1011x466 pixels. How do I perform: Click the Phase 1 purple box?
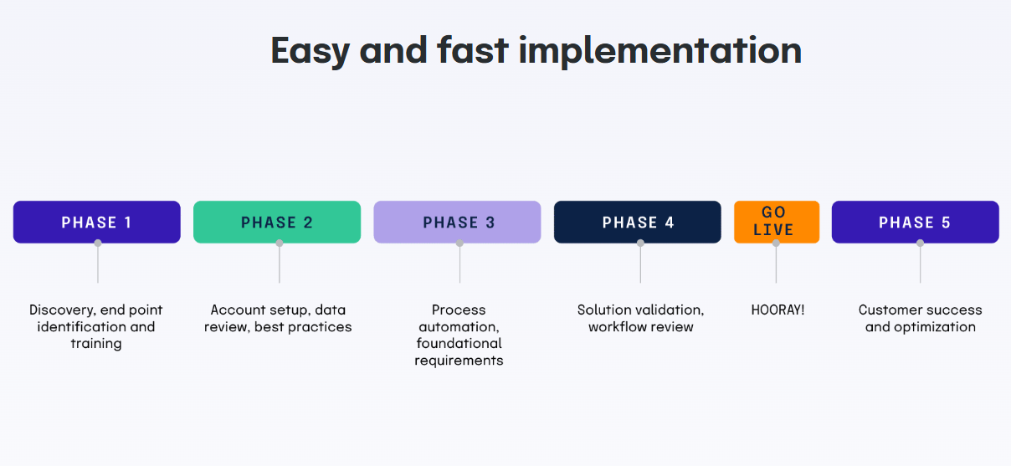(x=96, y=222)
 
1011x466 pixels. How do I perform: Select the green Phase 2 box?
(x=277, y=222)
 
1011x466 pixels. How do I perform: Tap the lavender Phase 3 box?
(x=457, y=222)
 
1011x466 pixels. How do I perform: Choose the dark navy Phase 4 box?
(x=637, y=222)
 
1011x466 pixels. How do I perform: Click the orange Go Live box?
(x=776, y=222)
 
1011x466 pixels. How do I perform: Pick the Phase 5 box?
(x=915, y=222)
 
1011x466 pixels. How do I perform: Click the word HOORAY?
(x=777, y=310)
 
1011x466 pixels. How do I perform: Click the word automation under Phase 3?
(x=459, y=326)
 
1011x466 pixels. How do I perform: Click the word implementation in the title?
(x=659, y=50)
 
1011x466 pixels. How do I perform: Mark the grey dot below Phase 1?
(x=98, y=243)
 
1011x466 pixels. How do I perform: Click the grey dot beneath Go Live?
(x=776, y=243)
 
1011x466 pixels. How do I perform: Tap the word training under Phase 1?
(x=96, y=344)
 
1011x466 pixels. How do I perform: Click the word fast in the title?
(x=472, y=50)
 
